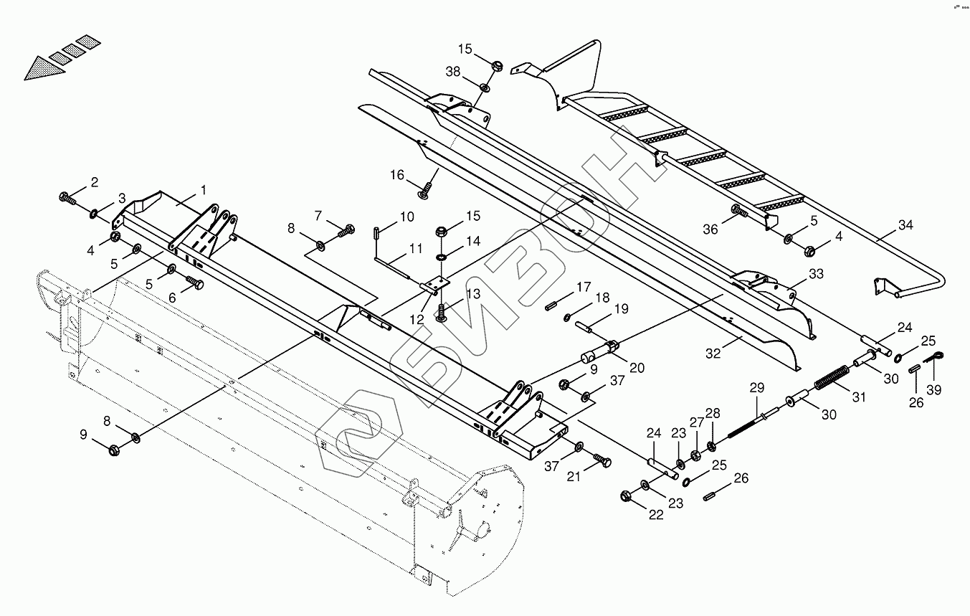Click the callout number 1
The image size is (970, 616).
[204, 190]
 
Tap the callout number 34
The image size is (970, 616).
[906, 225]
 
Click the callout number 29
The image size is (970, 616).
[757, 388]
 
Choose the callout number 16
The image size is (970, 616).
[397, 175]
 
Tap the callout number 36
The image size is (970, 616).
[710, 229]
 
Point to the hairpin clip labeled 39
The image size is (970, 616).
[933, 358]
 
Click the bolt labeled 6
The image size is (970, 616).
[194, 285]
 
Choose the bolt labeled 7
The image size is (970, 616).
[348, 230]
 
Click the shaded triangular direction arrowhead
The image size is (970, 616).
[39, 69]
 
